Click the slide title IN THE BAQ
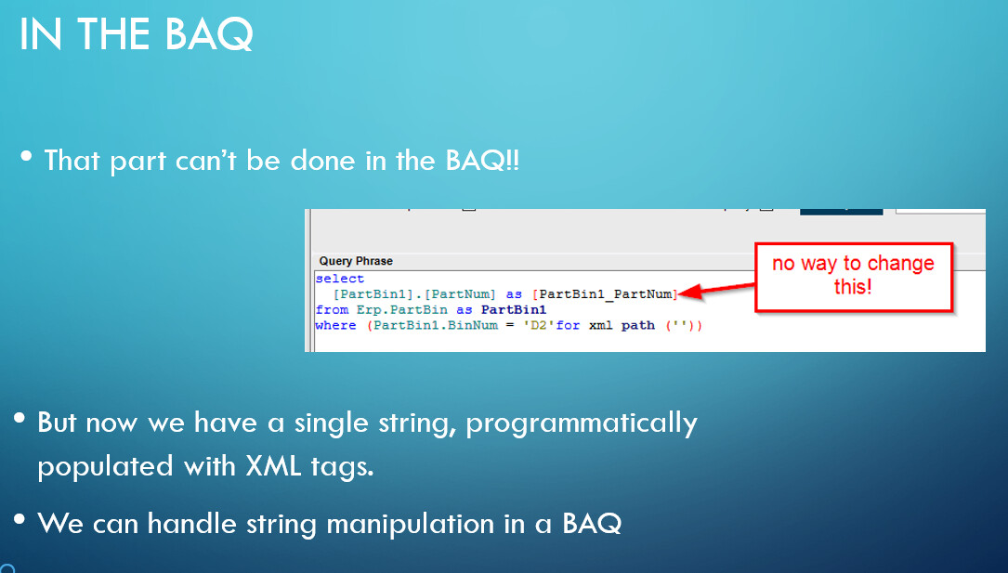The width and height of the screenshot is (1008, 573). point(137,34)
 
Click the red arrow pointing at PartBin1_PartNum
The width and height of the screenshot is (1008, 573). point(716,289)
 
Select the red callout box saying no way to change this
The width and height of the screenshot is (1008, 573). point(853,278)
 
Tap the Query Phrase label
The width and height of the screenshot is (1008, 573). point(356,261)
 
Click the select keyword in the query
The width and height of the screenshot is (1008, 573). point(340,279)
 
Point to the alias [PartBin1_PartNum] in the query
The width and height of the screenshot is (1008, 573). point(605,294)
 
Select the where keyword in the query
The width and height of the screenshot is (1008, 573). point(335,325)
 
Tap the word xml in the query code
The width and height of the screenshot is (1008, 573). point(601,325)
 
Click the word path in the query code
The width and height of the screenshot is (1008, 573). point(637,325)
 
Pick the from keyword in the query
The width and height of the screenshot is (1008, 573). point(332,309)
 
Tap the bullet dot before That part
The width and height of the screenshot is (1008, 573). point(26,155)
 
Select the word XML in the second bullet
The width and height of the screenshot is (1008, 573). point(273,465)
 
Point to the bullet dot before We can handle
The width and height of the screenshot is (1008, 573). point(20,518)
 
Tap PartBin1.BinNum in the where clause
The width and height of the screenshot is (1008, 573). point(435,325)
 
